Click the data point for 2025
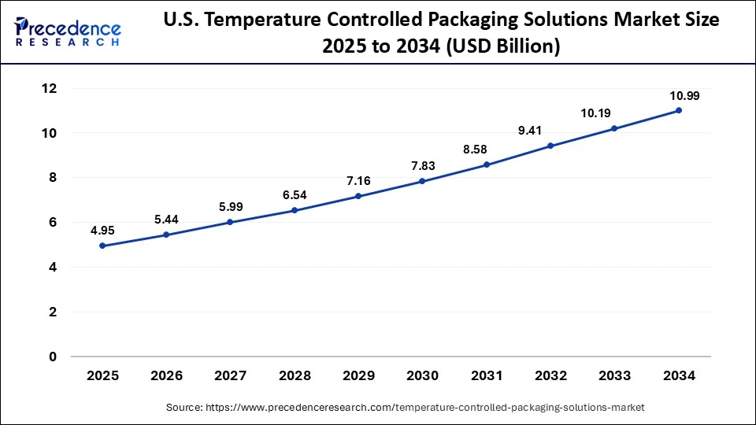[102, 246]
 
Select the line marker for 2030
[422, 181]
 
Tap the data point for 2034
[679, 110]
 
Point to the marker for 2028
[295, 210]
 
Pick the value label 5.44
[165, 220]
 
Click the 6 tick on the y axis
[52, 223]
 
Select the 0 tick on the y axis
[52, 357]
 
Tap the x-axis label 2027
[230, 376]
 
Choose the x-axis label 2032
[550, 376]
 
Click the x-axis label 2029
[358, 376]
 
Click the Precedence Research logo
[68, 32]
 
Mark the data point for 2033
[614, 128]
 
